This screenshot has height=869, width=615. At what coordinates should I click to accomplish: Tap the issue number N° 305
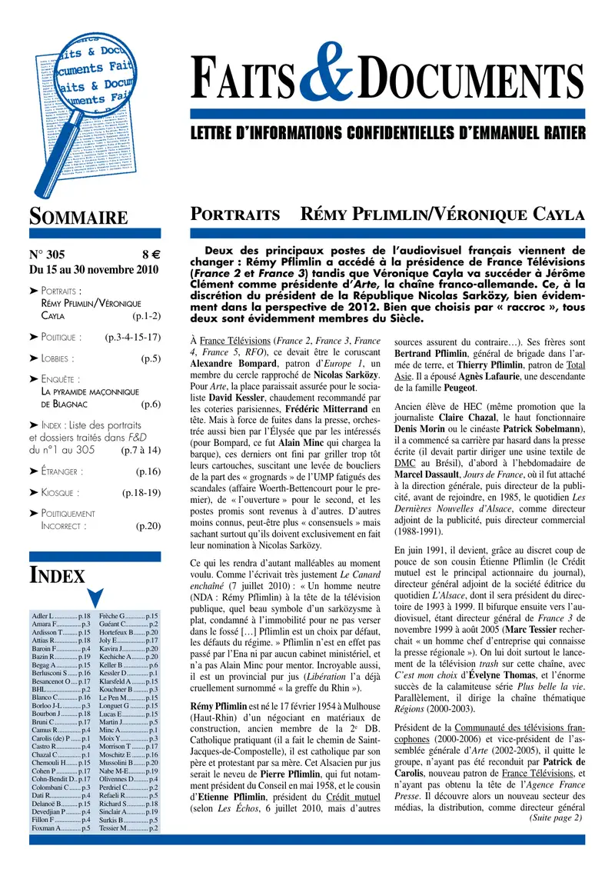47,256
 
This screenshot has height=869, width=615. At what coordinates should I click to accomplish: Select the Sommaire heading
78,217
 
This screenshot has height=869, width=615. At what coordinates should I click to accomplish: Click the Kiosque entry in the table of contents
58,492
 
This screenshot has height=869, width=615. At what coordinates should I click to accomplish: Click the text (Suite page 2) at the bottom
556,817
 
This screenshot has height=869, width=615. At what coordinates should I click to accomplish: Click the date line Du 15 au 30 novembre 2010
93,270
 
